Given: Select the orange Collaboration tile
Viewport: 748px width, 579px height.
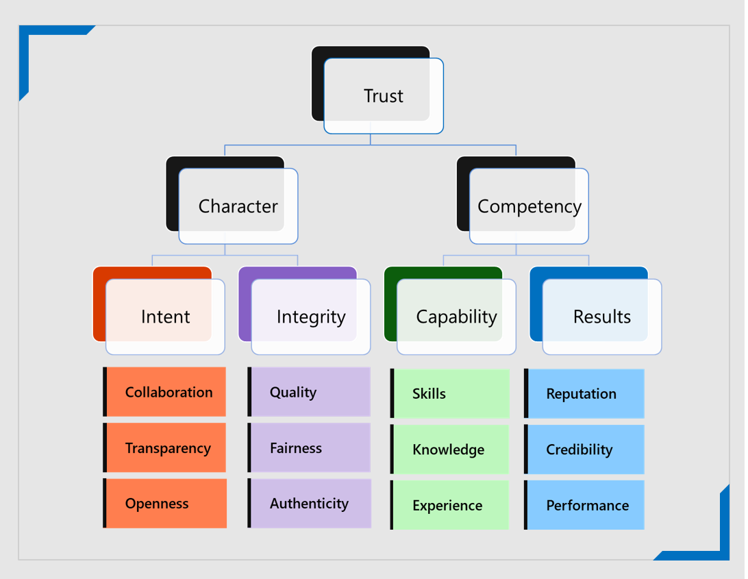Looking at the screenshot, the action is click(x=164, y=392).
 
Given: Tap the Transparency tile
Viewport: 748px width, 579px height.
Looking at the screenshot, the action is click(x=164, y=447).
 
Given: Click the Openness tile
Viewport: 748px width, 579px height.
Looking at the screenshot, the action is click(x=164, y=504).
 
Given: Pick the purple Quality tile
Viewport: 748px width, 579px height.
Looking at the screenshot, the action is click(x=309, y=392).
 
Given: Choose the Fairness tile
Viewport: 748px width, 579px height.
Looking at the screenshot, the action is click(x=309, y=447).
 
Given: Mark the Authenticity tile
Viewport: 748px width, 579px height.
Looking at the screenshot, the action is click(x=309, y=504).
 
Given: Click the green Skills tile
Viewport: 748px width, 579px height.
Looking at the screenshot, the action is click(x=449, y=393).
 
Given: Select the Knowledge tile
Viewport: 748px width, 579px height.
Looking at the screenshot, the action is click(x=449, y=449).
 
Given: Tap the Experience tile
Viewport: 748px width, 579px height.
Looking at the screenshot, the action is click(x=449, y=505).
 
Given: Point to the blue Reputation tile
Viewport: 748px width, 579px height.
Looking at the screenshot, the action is click(x=584, y=393).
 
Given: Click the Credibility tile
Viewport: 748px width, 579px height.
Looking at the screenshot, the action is click(x=584, y=449).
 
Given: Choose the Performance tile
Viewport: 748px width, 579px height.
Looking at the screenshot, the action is click(x=584, y=505).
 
